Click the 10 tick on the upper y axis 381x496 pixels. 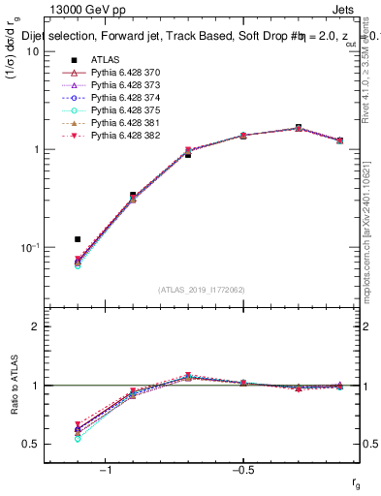point(36,52)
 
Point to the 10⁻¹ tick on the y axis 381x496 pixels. point(33,248)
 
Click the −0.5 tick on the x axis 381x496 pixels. point(242,471)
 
